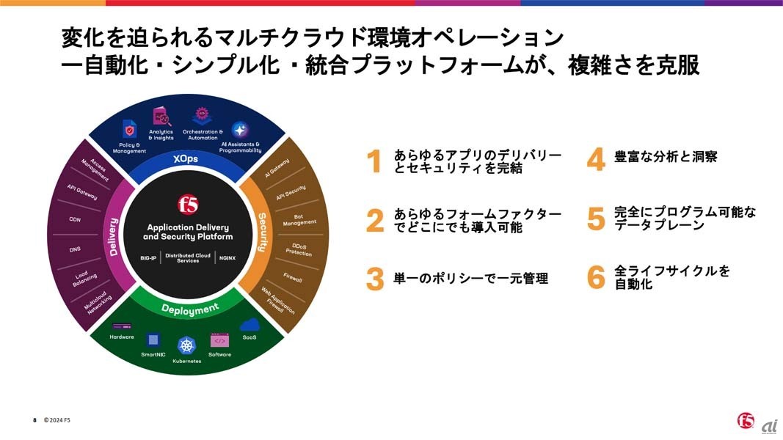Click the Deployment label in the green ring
pyautogui.click(x=190, y=309)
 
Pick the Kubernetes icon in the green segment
pyautogui.click(x=186, y=345)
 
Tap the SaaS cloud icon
pyautogui.click(x=250, y=324)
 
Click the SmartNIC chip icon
pyautogui.click(x=153, y=339)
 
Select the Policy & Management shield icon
pyautogui.click(x=130, y=131)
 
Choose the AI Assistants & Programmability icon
pyautogui.click(x=240, y=130)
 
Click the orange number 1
pyautogui.click(x=375, y=161)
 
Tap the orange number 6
pyautogui.click(x=596, y=277)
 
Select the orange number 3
pyautogui.click(x=375, y=279)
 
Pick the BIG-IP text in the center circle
pyautogui.click(x=148, y=258)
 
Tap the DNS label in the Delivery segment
pyautogui.click(x=76, y=249)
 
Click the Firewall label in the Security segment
pyautogui.click(x=293, y=278)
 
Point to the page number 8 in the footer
pyautogui.click(x=34, y=420)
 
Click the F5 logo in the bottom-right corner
pyautogui.click(x=746, y=420)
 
